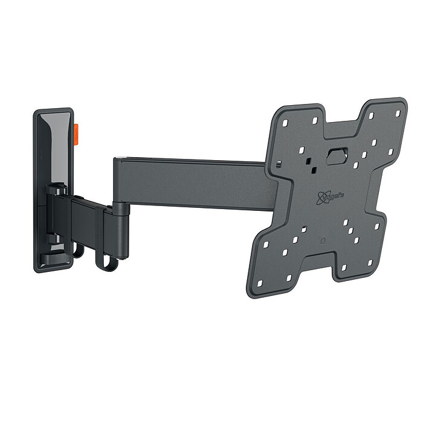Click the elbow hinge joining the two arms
pos(120,215)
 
